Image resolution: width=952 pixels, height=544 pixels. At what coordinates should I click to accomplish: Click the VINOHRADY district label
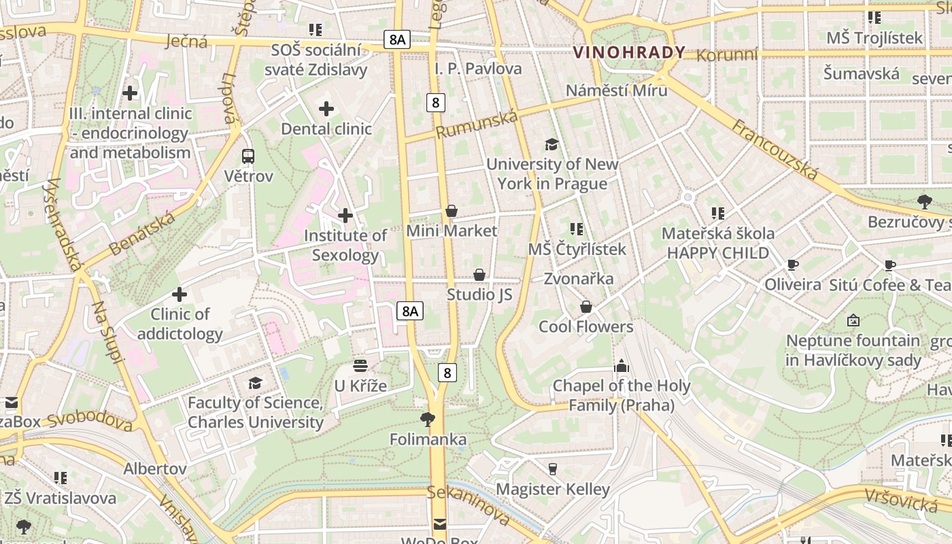click(x=629, y=52)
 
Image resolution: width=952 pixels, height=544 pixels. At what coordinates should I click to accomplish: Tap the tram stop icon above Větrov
click(x=248, y=156)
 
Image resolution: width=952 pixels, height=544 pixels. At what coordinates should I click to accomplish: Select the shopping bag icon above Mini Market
click(x=452, y=211)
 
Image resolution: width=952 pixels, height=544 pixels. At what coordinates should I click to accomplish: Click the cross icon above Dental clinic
click(x=326, y=109)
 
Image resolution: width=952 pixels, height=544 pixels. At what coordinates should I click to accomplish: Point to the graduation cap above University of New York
click(x=551, y=144)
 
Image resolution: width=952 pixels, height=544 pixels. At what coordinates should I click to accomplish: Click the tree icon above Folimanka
click(x=428, y=419)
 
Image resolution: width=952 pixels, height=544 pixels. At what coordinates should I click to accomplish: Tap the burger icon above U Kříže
click(x=360, y=367)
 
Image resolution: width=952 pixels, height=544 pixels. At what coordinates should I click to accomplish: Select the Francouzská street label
click(x=775, y=150)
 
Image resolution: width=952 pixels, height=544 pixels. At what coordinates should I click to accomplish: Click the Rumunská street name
click(x=476, y=124)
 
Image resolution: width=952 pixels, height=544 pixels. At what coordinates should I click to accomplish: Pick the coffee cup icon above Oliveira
click(x=792, y=265)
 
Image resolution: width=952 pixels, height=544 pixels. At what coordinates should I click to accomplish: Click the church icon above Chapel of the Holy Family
click(x=621, y=366)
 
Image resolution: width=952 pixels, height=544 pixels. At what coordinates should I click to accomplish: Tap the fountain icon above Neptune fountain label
click(x=853, y=320)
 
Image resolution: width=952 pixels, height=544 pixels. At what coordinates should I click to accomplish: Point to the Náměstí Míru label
click(x=616, y=90)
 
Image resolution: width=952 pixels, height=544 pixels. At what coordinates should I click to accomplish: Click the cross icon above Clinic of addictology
click(x=180, y=294)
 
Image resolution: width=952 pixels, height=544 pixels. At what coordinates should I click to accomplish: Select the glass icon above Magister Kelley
click(x=552, y=469)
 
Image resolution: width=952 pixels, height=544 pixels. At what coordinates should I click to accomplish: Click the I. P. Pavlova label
click(x=478, y=69)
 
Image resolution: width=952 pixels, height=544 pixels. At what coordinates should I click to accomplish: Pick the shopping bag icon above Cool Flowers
click(x=586, y=307)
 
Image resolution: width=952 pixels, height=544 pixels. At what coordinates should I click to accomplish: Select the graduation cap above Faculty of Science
click(x=255, y=384)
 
